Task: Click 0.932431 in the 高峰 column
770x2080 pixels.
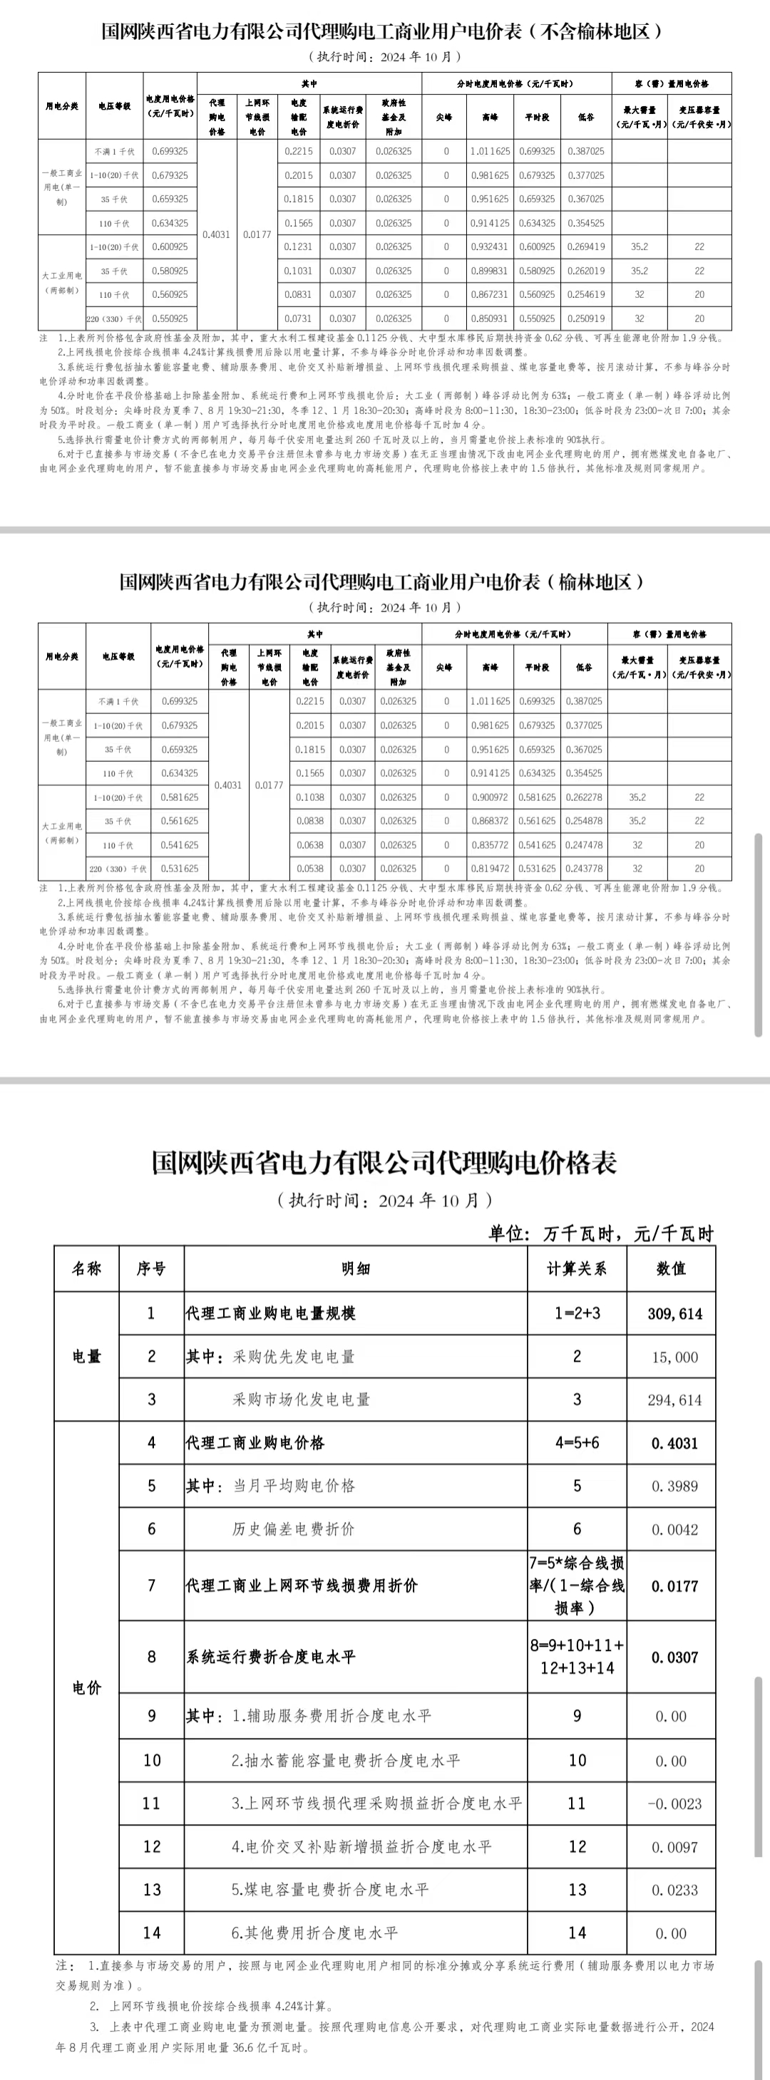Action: (x=490, y=247)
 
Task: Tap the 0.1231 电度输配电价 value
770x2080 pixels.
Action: (x=298, y=247)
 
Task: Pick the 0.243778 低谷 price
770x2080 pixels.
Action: (x=584, y=869)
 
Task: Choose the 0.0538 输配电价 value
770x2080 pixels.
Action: (x=309, y=869)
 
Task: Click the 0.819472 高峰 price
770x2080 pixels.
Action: (x=490, y=869)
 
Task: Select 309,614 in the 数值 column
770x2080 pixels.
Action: (x=674, y=1314)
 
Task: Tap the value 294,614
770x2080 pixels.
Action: (x=674, y=1400)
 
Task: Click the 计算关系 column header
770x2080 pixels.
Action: (x=576, y=1268)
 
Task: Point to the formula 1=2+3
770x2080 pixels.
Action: (x=576, y=1314)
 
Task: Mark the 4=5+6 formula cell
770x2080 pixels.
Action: (x=576, y=1443)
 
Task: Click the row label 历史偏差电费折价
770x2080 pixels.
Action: (x=293, y=1528)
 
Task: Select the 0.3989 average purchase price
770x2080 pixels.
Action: (x=674, y=1486)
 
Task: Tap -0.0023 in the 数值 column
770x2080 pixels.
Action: (x=674, y=1804)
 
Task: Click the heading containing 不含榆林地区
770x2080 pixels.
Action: (x=383, y=31)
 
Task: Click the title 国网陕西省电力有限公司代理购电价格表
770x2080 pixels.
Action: (x=384, y=1162)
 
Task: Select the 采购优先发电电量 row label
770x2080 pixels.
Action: (x=293, y=1357)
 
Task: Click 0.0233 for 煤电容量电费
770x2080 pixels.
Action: (x=674, y=1890)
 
